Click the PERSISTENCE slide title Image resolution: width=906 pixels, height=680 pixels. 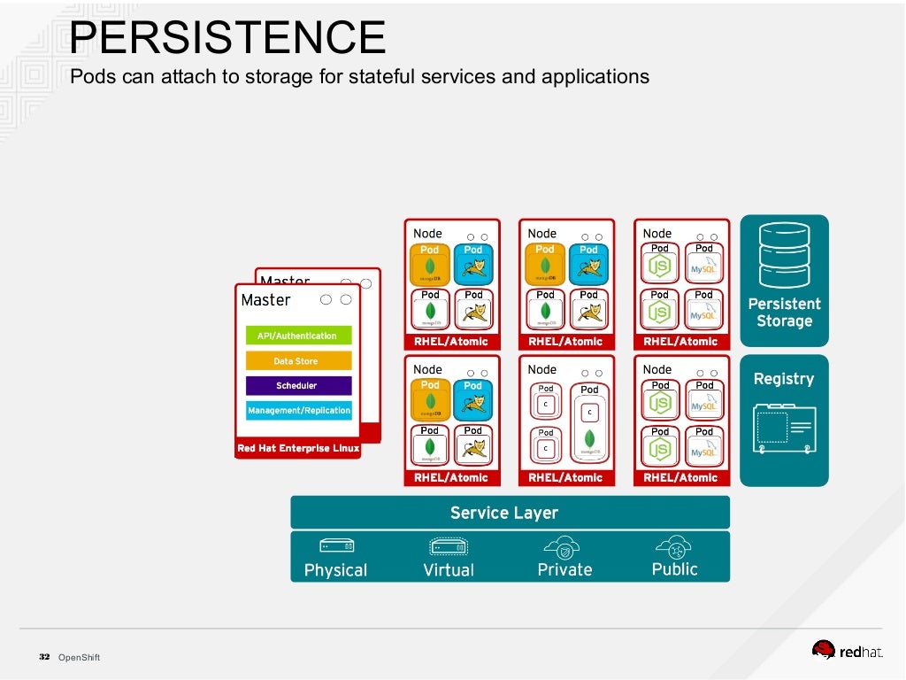(227, 38)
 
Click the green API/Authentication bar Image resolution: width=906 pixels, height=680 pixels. (298, 336)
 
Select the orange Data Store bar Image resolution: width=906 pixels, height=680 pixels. (298, 361)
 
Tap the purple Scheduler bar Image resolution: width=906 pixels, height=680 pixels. (298, 386)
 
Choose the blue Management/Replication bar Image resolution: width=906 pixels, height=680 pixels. (298, 411)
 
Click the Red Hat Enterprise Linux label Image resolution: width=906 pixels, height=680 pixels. (298, 448)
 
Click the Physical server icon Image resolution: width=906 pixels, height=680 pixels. (335, 545)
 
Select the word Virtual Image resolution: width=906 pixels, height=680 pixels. (449, 570)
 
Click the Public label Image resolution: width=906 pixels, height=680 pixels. (674, 569)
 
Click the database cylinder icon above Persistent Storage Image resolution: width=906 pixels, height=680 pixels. (784, 254)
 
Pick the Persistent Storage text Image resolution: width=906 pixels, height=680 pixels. (784, 313)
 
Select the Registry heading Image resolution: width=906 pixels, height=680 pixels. (784, 379)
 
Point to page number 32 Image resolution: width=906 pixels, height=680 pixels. (43, 657)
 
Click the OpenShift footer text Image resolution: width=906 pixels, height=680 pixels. (79, 657)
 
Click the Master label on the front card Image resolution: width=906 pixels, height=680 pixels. (265, 300)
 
